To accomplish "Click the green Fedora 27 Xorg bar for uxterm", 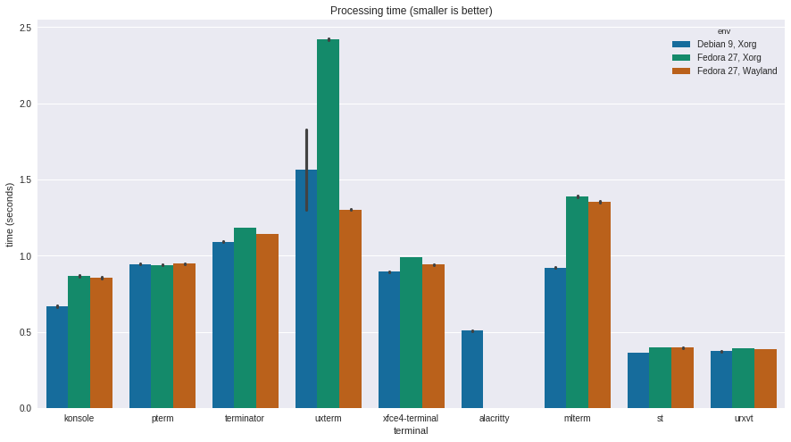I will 328,223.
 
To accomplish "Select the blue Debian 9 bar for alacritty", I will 472,370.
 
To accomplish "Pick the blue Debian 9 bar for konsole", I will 57,357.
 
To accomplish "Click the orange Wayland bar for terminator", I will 267,321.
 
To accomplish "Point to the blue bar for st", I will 638,380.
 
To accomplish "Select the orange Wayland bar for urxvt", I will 765,379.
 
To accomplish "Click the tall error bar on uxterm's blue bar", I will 306,170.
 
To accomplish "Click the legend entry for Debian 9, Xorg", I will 726,44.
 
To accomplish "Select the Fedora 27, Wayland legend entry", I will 737,71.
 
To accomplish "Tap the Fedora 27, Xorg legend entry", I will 729,57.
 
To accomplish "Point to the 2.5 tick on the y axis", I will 25,28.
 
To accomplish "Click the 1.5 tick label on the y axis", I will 25,179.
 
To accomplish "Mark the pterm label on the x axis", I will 162,418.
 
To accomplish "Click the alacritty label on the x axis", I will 494,418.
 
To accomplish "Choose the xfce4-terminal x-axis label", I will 411,418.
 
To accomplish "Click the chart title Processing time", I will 411,11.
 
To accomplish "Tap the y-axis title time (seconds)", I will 10,215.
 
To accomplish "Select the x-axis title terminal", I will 411,430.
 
